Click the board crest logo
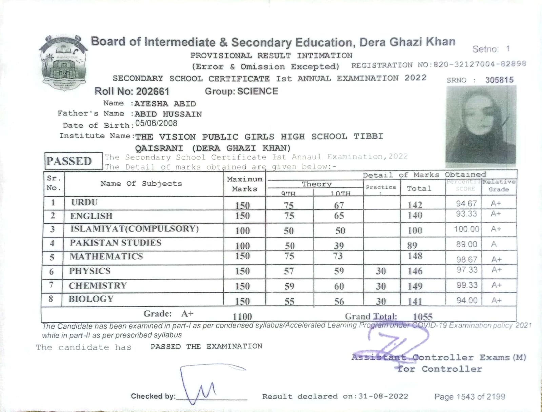tap(63, 63)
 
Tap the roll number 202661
tap(152, 91)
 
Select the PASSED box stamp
tap(69, 161)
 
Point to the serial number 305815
tap(499, 80)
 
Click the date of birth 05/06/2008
tap(156, 124)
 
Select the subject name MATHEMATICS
tap(106, 256)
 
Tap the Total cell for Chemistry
tap(415, 286)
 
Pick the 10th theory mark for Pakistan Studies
tap(339, 246)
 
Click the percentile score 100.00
tap(466, 229)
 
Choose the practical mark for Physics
tap(381, 271)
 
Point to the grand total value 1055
tap(423, 317)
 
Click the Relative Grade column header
tap(499, 186)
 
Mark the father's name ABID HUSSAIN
tap(168, 114)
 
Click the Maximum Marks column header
tap(244, 184)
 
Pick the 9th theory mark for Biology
tap(289, 301)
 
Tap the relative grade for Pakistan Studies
tap(494, 244)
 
